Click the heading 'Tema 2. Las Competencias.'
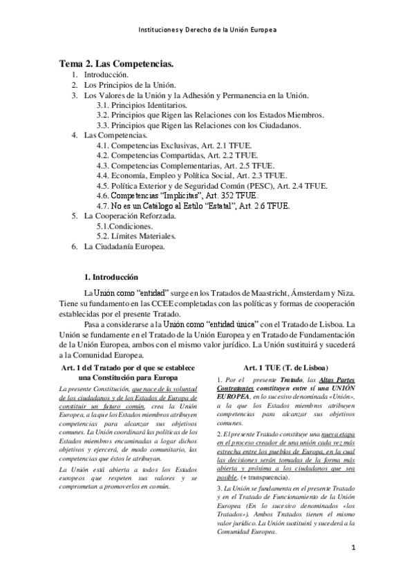(116, 64)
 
